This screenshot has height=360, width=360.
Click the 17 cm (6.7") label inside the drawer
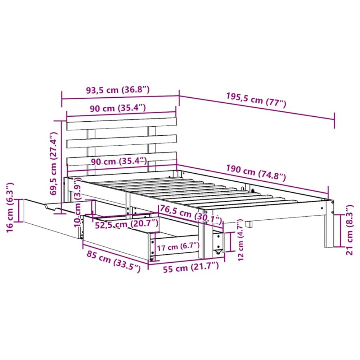tap(178, 247)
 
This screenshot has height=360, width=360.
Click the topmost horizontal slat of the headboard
tap(122, 124)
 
